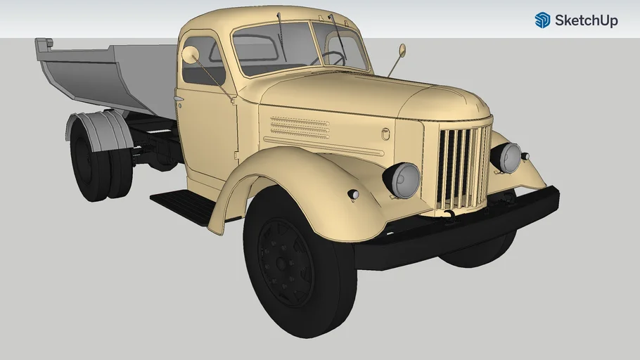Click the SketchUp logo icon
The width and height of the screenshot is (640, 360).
pyautogui.click(x=542, y=20)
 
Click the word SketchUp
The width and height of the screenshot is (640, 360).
pyautogui.click(x=586, y=20)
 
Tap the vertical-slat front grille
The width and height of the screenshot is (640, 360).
pyautogui.click(x=461, y=167)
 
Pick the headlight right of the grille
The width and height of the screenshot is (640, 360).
pyautogui.click(x=508, y=157)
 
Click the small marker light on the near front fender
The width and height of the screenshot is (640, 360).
pyautogui.click(x=353, y=194)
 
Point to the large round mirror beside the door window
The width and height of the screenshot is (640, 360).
pyautogui.click(x=191, y=55)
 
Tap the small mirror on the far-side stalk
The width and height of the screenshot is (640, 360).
pyautogui.click(x=402, y=50)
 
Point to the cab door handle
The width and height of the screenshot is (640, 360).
pyautogui.click(x=179, y=99)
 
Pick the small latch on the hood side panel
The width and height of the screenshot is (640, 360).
pyautogui.click(x=385, y=134)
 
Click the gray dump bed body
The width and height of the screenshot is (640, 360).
pyautogui.click(x=113, y=74)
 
